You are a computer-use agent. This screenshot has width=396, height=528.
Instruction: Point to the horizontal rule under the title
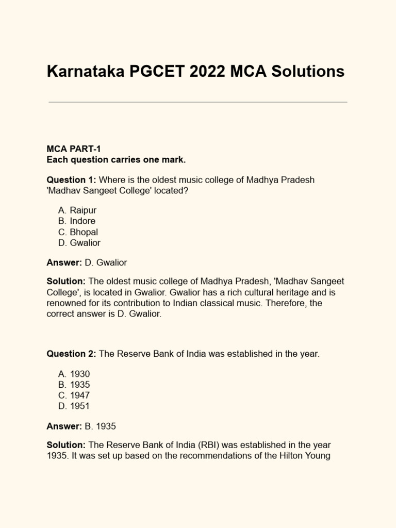click(x=198, y=102)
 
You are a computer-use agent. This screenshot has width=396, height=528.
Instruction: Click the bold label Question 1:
click(x=71, y=180)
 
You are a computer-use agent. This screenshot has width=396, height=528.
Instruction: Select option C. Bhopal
click(x=78, y=232)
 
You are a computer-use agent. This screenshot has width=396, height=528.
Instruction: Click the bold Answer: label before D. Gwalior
click(x=64, y=262)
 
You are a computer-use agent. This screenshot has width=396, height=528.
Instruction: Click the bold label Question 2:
click(x=71, y=354)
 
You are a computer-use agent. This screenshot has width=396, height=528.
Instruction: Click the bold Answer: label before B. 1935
click(x=64, y=426)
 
